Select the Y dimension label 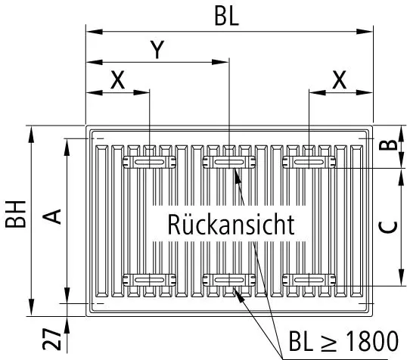156,50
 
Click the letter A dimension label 51,217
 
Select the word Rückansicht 230,225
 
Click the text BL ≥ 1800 342,341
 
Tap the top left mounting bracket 149,163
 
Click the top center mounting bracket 228,163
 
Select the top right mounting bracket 309,163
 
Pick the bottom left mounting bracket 149,280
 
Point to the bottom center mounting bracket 228,280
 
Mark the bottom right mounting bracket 309,280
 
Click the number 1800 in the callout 370,341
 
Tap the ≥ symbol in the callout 327,342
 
